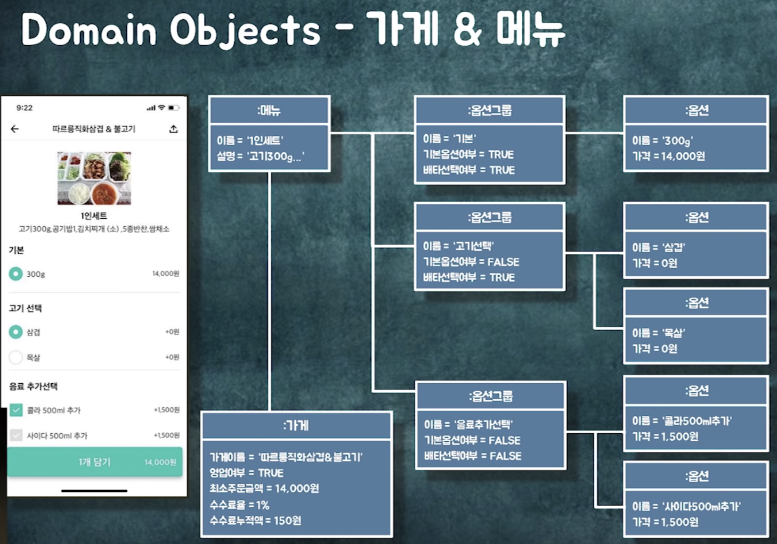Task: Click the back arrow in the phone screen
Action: (15, 129)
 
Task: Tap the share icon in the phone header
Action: (173, 129)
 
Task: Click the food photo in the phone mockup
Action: (94, 178)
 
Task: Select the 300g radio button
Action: (16, 274)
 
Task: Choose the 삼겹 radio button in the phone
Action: (16, 332)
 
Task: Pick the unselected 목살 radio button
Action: (16, 357)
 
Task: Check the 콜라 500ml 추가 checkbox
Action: (16, 410)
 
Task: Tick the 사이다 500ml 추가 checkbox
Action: (16, 435)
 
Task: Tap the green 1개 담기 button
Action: (95, 462)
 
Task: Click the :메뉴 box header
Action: (269, 110)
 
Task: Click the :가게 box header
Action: (296, 425)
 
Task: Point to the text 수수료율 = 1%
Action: (239, 505)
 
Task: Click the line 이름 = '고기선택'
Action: (458, 246)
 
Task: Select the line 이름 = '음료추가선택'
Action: (468, 424)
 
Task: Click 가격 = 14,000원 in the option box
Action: (668, 156)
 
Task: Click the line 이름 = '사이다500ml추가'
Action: (686, 506)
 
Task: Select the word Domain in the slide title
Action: (88, 30)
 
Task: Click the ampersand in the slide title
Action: (467, 30)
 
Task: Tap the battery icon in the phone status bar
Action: (173, 108)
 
